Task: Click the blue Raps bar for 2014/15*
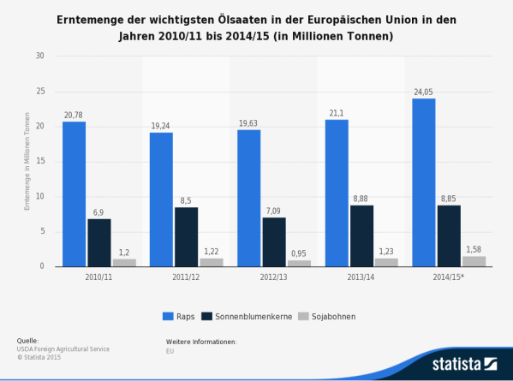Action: tap(423, 182)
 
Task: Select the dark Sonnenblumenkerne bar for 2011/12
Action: tap(187, 236)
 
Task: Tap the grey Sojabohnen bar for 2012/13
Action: tap(299, 263)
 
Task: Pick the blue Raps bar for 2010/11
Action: tap(74, 193)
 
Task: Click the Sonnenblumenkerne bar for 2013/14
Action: tap(361, 235)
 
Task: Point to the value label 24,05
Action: tap(423, 92)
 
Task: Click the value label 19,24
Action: tap(161, 125)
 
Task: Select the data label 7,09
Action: tap(274, 211)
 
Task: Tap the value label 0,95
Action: tap(299, 253)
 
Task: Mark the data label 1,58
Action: tap(474, 249)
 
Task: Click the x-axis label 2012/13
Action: tap(274, 277)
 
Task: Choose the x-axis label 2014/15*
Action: tap(449, 277)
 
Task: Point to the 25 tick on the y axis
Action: tap(39, 91)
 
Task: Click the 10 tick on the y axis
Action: tap(39, 196)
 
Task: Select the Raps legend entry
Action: tap(178, 316)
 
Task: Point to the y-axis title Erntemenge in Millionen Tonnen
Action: tap(27, 161)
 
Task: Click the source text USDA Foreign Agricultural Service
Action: tap(63, 349)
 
